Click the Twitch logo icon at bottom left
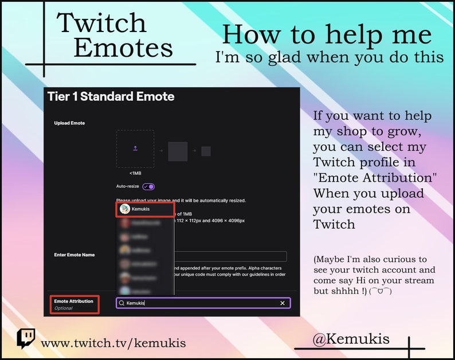(x=26, y=339)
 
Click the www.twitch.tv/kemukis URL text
(x=113, y=343)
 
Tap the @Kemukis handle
(x=351, y=339)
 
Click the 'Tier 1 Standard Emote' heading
(x=111, y=96)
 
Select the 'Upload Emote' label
(x=69, y=123)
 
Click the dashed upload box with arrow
(x=135, y=148)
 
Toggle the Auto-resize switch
(x=148, y=186)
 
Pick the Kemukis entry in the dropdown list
(x=145, y=209)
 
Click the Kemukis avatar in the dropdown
(x=124, y=209)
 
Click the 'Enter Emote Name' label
(x=74, y=255)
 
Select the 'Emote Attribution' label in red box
(x=73, y=301)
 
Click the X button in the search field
(x=282, y=303)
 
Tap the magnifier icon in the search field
(x=121, y=303)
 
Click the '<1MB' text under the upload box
(x=135, y=173)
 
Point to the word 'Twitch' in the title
(x=101, y=23)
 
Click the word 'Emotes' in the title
(x=123, y=48)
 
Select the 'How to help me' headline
(x=327, y=34)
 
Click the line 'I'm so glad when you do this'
(x=329, y=57)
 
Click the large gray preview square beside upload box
(x=178, y=151)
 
